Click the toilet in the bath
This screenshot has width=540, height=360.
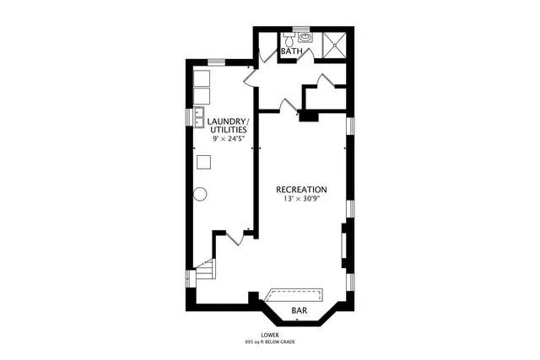point(289,40)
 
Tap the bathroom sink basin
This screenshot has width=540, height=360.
point(304,37)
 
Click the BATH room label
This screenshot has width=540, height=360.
point(291,52)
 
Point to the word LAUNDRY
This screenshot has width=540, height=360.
point(228,121)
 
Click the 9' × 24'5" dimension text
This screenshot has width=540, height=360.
point(228,138)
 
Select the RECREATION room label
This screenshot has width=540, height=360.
point(301,190)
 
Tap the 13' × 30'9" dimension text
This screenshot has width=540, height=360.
point(301,200)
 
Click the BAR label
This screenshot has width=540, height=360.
point(300,312)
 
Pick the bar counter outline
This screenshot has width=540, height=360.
point(294,294)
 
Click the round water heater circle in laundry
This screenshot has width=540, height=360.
point(201,194)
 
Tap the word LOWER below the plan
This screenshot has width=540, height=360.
point(270,336)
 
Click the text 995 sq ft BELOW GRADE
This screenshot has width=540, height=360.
point(270,342)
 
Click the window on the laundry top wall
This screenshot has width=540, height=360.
point(217,60)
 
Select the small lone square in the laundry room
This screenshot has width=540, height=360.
point(203,162)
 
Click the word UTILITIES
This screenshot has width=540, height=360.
point(228,130)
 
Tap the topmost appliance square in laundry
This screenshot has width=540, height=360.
point(202,78)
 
